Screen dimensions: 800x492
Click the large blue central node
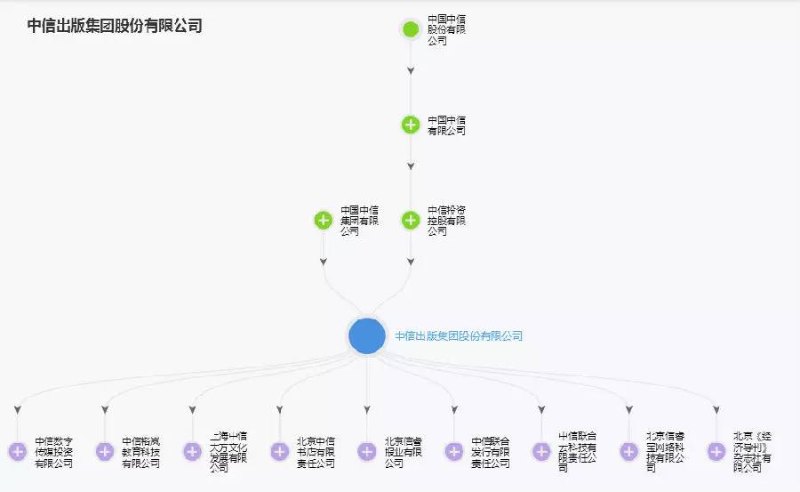tap(367, 335)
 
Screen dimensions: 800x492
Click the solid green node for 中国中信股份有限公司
tap(411, 29)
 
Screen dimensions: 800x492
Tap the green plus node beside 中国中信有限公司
tap(411, 125)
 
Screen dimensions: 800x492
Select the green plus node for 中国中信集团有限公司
tap(324, 220)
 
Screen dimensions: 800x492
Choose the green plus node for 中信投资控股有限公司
tap(411, 220)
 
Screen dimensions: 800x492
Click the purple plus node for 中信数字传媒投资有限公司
tap(17, 452)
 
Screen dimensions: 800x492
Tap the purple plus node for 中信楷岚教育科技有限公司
tap(105, 452)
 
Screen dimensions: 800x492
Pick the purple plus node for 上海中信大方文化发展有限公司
tap(192, 452)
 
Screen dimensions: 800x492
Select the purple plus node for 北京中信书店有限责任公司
tap(279, 452)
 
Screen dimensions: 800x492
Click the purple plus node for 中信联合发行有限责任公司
tap(454, 452)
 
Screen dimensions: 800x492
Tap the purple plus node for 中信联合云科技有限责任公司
tap(541, 452)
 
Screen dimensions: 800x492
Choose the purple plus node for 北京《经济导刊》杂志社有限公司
tap(716, 452)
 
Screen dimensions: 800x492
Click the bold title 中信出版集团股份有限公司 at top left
tap(115, 27)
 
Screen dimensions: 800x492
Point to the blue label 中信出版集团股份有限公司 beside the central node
tap(459, 336)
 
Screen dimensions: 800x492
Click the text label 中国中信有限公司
tap(446, 125)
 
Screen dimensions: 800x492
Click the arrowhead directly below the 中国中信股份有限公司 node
tap(411, 69)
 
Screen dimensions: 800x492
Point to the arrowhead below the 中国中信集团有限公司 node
tap(324, 262)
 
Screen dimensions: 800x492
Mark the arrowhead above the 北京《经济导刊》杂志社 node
tap(716, 410)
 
